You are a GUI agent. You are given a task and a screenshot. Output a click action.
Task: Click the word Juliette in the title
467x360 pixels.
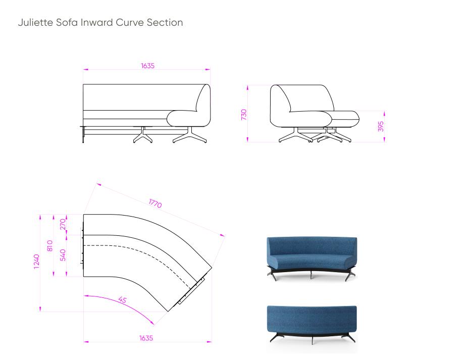36,22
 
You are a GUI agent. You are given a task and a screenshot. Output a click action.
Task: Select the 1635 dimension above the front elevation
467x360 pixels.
148,66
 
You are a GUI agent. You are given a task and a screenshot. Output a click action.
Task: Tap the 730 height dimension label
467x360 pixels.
244,115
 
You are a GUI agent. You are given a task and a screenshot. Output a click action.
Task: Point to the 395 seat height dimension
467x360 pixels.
381,126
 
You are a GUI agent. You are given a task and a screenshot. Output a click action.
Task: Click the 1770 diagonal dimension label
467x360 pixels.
155,203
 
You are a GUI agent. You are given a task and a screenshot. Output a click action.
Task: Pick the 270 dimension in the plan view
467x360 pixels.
63,224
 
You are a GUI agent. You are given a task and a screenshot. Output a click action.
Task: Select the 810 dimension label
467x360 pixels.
50,246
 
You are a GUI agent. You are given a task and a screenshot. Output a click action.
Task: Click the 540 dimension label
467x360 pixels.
63,255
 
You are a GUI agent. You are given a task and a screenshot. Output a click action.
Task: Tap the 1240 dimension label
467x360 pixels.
36,262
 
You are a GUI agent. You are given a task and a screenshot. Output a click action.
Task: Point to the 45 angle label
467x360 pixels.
122,299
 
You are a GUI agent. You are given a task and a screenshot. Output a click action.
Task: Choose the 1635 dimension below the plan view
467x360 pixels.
146,338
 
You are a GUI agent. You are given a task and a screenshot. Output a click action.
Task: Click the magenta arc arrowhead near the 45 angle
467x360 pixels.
152,322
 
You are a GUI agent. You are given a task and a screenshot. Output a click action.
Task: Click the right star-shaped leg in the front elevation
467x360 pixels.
190,136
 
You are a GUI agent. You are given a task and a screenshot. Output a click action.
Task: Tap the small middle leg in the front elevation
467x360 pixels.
143,135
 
